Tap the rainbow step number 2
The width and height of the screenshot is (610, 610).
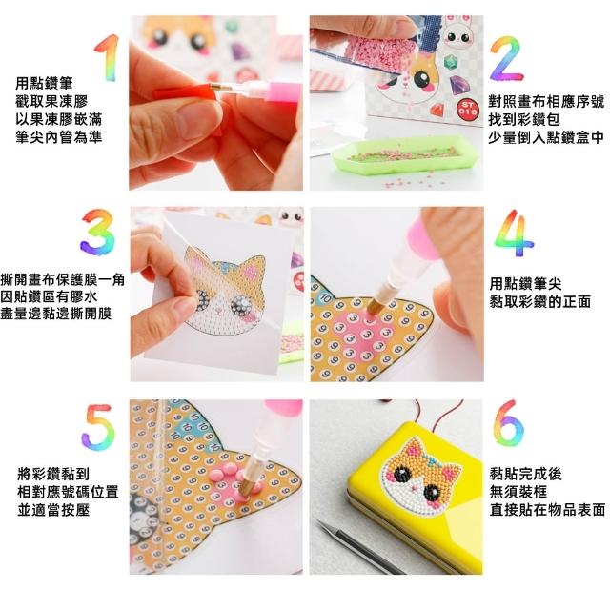(x=506, y=59)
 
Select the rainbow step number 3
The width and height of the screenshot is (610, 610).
(x=97, y=232)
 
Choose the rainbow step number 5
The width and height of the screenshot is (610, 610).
(x=98, y=427)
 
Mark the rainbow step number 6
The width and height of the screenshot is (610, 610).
(x=509, y=424)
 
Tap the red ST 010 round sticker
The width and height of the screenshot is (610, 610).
(x=467, y=108)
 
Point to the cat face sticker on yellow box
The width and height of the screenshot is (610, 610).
(x=421, y=476)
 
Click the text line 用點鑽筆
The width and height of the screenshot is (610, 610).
(x=44, y=83)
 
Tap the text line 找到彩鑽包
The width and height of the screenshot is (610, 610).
(x=523, y=120)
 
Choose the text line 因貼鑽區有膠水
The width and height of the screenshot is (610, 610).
(x=49, y=296)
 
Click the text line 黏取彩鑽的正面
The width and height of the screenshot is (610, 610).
(x=540, y=301)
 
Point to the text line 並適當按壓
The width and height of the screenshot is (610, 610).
(x=53, y=510)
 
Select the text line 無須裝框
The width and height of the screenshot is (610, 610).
(x=518, y=492)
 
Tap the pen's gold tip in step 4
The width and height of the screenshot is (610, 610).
(x=373, y=306)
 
